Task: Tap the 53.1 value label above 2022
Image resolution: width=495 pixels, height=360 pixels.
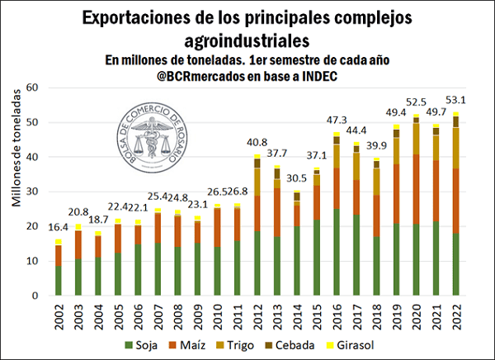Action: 455,102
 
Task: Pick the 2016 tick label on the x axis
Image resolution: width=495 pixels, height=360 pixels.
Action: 337,315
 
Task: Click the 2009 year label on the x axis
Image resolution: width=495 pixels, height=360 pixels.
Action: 198,315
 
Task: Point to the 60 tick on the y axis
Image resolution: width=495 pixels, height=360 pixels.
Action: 34,88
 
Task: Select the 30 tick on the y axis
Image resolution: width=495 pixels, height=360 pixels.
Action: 34,192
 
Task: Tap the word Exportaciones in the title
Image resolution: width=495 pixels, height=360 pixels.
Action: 146,17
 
